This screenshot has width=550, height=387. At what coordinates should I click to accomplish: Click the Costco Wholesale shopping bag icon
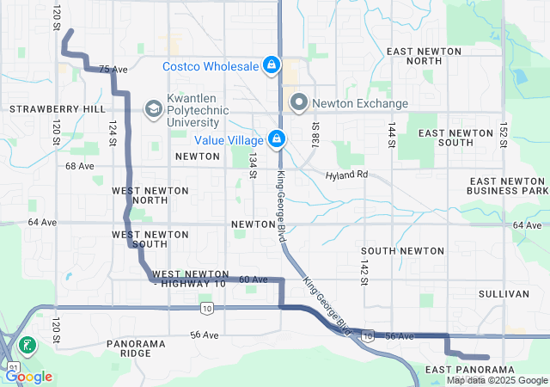click(271, 65)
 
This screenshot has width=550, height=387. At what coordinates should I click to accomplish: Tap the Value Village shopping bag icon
click(277, 138)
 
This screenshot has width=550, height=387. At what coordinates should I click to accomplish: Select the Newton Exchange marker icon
click(299, 103)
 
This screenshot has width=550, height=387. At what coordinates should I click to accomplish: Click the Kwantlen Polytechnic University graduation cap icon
click(153, 108)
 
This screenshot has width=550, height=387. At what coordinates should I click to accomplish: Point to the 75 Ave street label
click(113, 70)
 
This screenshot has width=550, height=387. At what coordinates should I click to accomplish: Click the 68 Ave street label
click(79, 166)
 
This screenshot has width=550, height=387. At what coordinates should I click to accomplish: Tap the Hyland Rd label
click(346, 175)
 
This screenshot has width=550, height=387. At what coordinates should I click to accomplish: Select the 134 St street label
click(253, 164)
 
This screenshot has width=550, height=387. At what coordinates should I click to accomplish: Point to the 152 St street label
click(504, 134)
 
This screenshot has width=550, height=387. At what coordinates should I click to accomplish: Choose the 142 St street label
click(364, 271)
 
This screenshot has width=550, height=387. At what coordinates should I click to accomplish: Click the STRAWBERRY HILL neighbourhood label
click(58, 109)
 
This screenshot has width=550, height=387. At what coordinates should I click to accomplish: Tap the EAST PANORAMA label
click(468, 369)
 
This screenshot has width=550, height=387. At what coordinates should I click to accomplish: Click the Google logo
click(29, 377)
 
